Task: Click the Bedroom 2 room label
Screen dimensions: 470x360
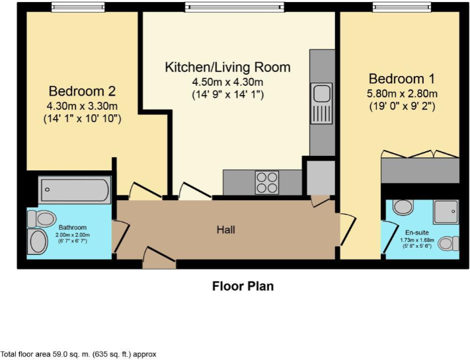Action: pyautogui.click(x=82, y=91)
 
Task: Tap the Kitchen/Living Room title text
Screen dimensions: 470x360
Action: pyautogui.click(x=228, y=67)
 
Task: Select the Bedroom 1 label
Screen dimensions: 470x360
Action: pyautogui.click(x=402, y=79)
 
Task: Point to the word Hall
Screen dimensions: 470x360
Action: pyautogui.click(x=226, y=230)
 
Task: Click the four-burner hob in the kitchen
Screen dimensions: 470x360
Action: pyautogui.click(x=267, y=182)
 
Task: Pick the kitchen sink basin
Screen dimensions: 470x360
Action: pyautogui.click(x=322, y=93)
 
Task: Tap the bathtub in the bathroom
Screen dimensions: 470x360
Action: pyautogui.click(x=75, y=190)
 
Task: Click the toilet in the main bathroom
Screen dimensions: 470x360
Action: pyautogui.click(x=42, y=219)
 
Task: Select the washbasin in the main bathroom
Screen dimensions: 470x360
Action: pyautogui.click(x=38, y=242)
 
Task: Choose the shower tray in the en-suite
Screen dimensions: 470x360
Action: pyautogui.click(x=446, y=212)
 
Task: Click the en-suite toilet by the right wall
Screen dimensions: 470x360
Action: pyautogui.click(x=448, y=243)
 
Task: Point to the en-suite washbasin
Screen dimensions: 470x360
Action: pyautogui.click(x=403, y=207)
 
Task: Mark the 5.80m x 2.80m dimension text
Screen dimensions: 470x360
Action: pyautogui.click(x=403, y=94)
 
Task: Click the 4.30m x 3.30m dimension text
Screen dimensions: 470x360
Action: pyautogui.click(x=82, y=106)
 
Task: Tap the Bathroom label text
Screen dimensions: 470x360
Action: pyautogui.click(x=73, y=228)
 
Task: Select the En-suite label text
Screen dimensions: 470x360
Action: pyautogui.click(x=417, y=233)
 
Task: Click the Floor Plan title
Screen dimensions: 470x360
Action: pyautogui.click(x=243, y=286)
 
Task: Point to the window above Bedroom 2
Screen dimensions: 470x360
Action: pyautogui.click(x=78, y=7)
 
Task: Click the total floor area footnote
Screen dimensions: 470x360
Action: pyautogui.click(x=79, y=354)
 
